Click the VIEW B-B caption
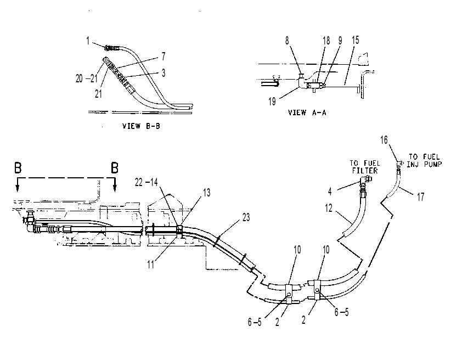tap(141, 126)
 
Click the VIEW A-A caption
tap(307, 113)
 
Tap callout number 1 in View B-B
tap(88, 41)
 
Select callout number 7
tap(164, 57)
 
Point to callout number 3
tap(164, 73)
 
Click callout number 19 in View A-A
tap(272, 102)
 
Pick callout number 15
tap(356, 40)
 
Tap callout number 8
tap(287, 41)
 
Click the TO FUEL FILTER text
tap(365, 167)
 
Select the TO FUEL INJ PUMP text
tap(424, 161)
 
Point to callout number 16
tap(384, 140)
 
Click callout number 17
tap(420, 196)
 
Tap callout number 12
tap(329, 209)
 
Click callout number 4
tap(330, 192)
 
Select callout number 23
tap(246, 217)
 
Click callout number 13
tap(207, 193)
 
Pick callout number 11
tap(150, 265)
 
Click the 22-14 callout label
tap(146, 182)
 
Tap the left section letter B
tap(18, 168)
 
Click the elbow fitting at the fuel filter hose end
tap(365, 179)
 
